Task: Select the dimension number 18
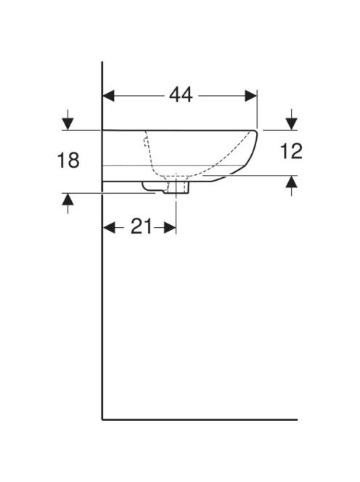point(68,160)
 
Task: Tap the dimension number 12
point(291,151)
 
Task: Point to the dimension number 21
point(141,226)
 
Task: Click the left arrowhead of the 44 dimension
point(108,96)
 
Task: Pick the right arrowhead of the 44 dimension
point(250,96)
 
